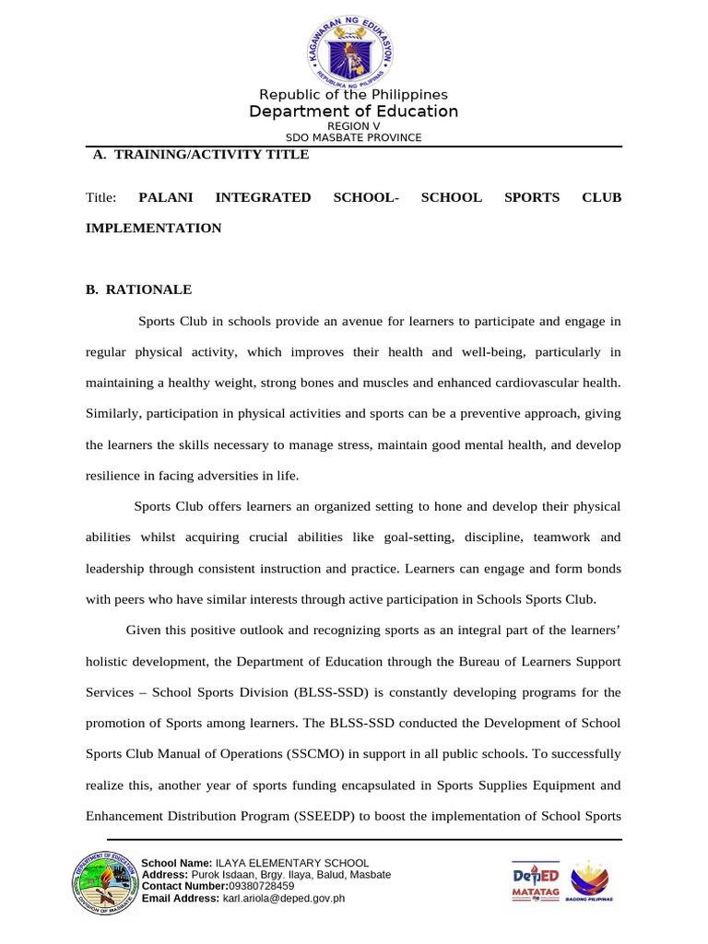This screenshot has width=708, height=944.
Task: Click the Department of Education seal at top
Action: point(353,48)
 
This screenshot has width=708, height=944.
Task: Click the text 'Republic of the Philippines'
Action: point(353,95)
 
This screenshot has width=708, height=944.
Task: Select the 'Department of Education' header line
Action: point(353,112)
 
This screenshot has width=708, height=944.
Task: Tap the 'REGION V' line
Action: point(353,126)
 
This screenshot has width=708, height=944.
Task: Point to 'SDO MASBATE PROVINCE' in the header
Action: point(353,137)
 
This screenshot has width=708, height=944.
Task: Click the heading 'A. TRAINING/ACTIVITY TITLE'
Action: point(201,155)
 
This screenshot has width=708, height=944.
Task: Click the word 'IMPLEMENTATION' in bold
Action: point(153,228)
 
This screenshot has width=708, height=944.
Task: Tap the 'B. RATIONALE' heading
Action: point(138,289)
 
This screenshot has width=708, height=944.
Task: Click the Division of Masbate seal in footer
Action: point(102,884)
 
